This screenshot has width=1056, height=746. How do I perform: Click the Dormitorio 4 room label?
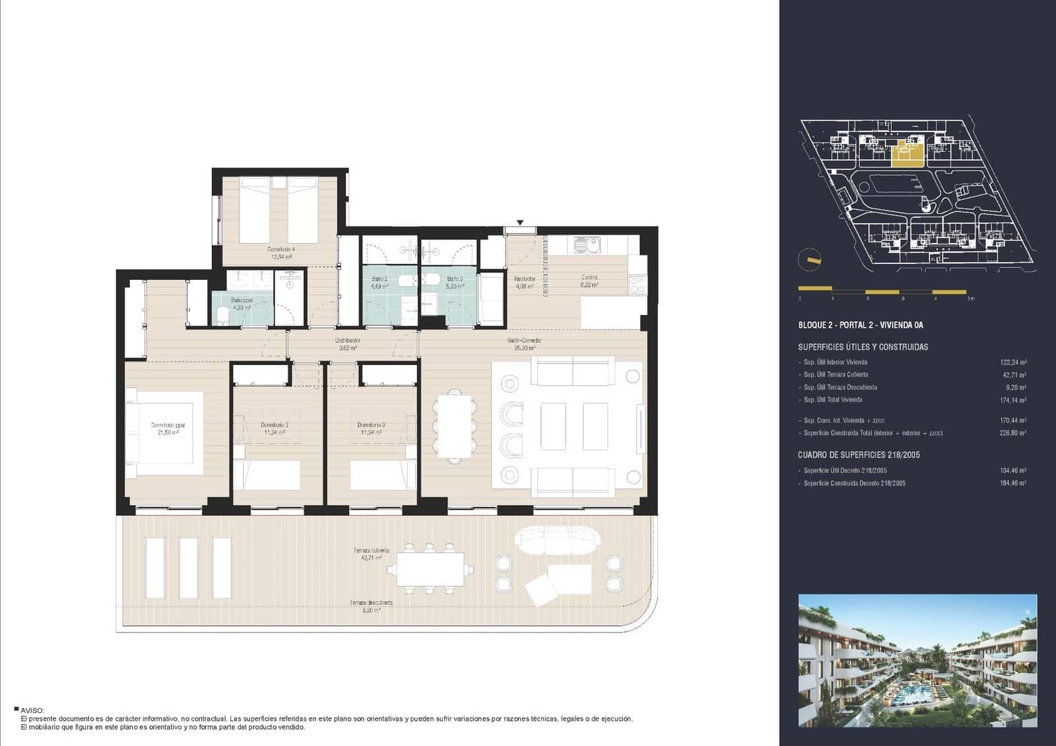coord(281,253)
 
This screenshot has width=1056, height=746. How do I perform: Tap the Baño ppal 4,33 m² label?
coord(242,304)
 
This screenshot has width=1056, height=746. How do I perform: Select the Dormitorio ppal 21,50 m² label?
coord(168,429)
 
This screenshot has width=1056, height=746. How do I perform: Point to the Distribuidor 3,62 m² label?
coord(348,344)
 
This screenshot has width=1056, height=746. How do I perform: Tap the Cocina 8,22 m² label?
coord(589,281)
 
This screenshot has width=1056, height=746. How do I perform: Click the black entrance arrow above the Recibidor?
coord(521,223)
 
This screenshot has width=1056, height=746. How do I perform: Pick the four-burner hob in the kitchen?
coord(637,285)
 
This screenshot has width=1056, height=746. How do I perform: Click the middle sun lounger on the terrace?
coord(189,568)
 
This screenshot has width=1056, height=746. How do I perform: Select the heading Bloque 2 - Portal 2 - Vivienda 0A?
coord(861,325)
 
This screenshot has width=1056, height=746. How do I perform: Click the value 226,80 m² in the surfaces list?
coord(1013,433)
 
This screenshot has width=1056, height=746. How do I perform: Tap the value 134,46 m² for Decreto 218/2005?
coord(1013,471)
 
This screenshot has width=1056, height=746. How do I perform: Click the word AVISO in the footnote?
coord(32,710)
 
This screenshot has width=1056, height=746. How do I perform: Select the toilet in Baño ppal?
coord(222,320)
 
